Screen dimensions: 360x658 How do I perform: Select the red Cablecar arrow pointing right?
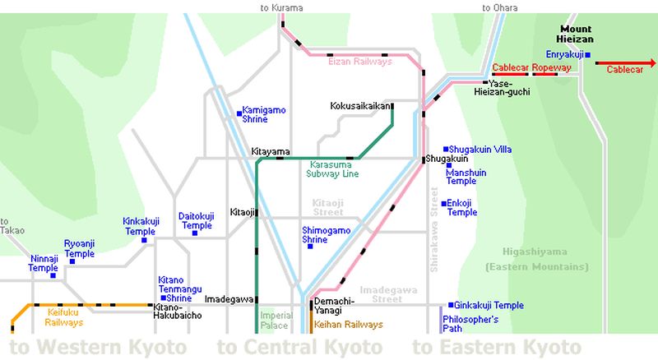coord(625,62)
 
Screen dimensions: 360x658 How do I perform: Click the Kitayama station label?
coord(271,152)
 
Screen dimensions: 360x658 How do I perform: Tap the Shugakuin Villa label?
coord(481,150)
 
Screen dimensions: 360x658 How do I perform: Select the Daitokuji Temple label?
coord(196,220)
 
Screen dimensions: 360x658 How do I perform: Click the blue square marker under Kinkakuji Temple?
coord(144,241)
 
